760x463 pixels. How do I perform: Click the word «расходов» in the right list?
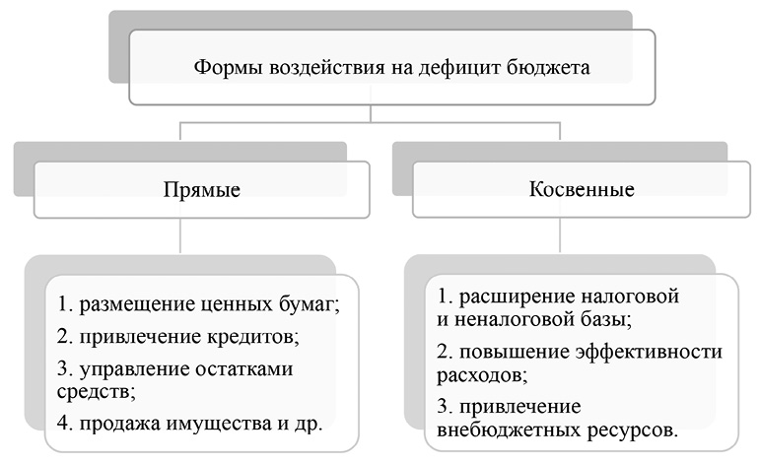pos(476,374)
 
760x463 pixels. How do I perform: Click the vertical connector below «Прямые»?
pos(179,237)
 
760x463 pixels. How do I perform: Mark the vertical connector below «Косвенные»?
pos(559,237)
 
